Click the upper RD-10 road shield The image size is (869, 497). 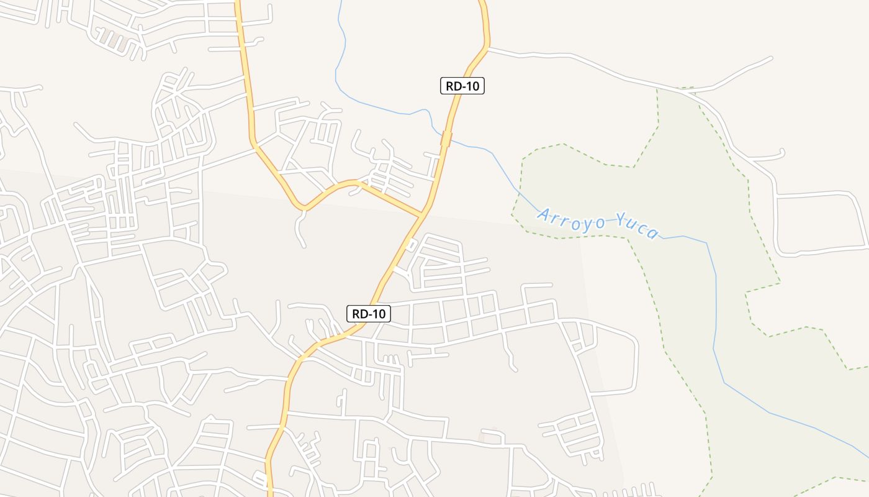coord(462,86)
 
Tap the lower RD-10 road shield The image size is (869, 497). coord(369,314)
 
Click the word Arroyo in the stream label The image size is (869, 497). coord(571,219)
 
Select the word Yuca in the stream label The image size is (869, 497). coord(637,227)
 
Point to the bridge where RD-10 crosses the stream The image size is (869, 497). coord(446,139)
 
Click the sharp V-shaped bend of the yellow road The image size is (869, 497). coord(302,206)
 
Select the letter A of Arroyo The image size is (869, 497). coord(544,215)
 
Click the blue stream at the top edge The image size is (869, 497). coord(341,2)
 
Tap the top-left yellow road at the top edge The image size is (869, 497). coord(237,2)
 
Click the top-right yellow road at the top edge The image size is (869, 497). coord(482,2)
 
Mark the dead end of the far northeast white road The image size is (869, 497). coord(772,58)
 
